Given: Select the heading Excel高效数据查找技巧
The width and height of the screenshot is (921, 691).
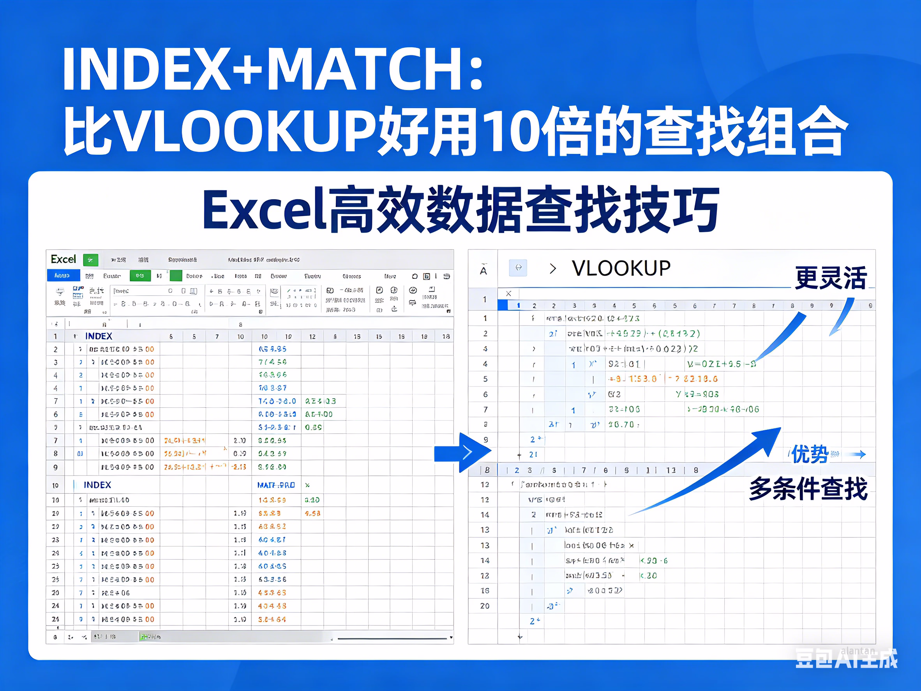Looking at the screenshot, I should point(460,210).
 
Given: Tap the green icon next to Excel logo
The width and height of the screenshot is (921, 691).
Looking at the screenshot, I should point(91,260).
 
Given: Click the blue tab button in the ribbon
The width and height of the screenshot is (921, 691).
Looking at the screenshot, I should point(63,276).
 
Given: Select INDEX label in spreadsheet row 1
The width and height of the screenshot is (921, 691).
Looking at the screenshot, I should point(99,336).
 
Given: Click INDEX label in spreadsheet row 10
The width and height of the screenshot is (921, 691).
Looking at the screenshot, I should point(97,485).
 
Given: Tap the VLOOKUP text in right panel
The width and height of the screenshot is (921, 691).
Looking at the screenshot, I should point(621,268).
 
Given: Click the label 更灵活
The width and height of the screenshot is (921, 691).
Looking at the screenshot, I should point(831,278).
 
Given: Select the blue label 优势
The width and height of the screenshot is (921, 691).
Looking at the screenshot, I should point(810,454).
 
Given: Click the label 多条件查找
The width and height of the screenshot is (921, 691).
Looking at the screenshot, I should point(808,489).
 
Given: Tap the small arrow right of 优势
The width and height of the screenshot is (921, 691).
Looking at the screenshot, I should point(858,454).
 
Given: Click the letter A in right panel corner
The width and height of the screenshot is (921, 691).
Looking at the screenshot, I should point(483,270).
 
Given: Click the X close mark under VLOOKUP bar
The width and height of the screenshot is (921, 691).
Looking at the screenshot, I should point(508,293).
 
